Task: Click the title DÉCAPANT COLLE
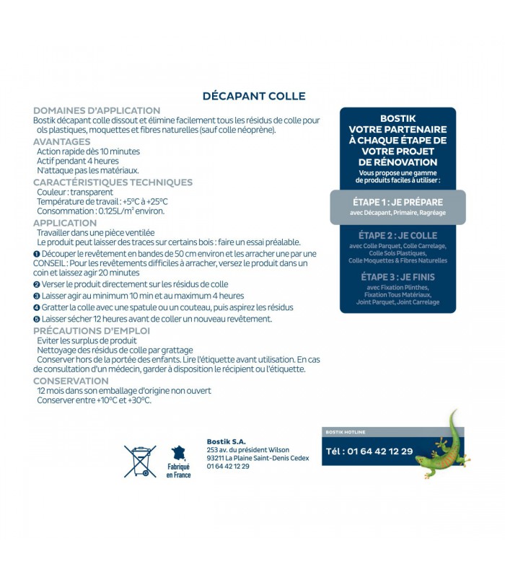[253, 96]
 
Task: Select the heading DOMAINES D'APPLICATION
[97, 110]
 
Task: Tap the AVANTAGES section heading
[62, 142]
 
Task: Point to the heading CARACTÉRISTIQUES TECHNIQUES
[113, 182]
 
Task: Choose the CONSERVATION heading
[71, 381]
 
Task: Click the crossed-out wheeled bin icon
[139, 461]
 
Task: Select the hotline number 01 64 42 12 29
[369, 452]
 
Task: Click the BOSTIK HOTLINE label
[346, 432]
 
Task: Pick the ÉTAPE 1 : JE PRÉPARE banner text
[398, 202]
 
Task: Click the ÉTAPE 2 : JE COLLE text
[398, 235]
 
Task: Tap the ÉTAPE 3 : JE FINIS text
[398, 277]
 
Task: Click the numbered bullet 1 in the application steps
[36, 254]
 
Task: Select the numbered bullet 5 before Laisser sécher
[36, 319]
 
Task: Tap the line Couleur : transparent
[74, 193]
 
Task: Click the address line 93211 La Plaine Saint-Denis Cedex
[258, 458]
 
